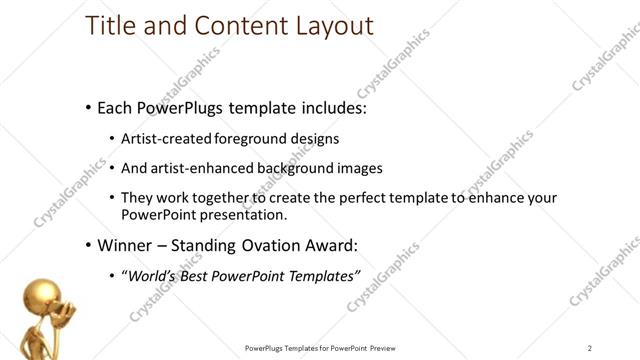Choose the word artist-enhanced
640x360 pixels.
[x=208, y=168]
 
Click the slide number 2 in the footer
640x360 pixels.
[x=590, y=347]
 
